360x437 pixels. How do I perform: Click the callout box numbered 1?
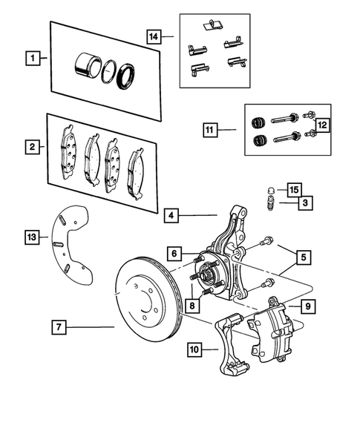coord(32,56)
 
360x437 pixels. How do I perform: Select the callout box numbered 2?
coord(32,148)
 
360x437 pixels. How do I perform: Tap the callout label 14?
coord(154,34)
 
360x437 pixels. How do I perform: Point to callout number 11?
coord(210,130)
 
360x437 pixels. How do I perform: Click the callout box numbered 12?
coord(323,125)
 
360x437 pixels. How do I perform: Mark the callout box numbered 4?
coord(172,216)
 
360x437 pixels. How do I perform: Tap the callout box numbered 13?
coord(32,237)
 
